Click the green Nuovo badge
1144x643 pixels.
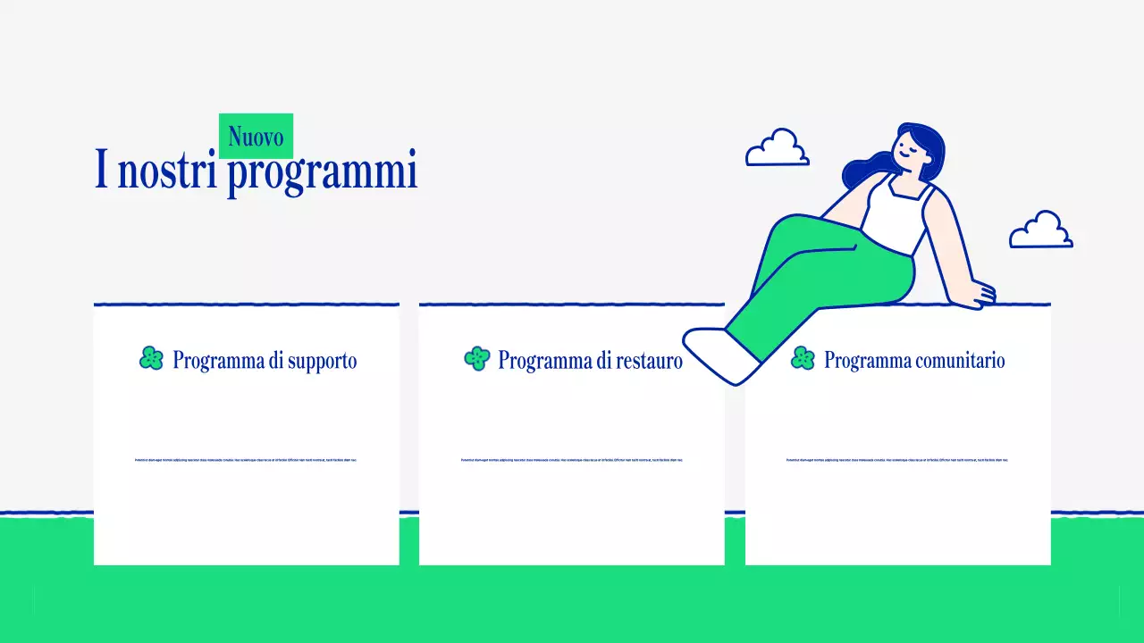coord(256,136)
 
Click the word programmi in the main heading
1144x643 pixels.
coord(322,171)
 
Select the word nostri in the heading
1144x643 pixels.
coord(167,170)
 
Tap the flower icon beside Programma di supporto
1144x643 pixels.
coord(152,359)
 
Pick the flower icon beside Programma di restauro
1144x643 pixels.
coord(477,359)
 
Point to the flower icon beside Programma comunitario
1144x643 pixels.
coord(803,359)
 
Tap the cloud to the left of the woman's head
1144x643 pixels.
coord(778,149)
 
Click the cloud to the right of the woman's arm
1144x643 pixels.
coord(1040,230)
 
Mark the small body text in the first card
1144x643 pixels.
coord(246,460)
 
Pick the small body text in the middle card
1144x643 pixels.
coord(572,460)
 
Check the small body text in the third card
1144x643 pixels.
coord(897,460)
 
